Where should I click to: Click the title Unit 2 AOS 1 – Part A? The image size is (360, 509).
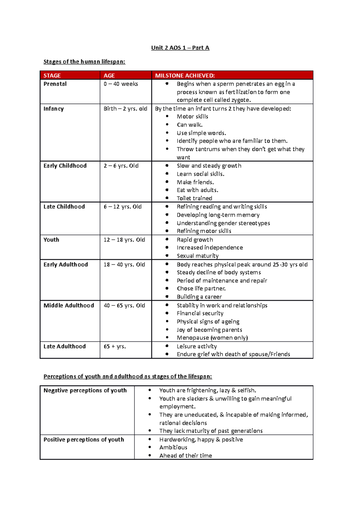click(x=180, y=48)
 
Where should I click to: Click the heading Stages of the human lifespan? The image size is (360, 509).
click(x=84, y=62)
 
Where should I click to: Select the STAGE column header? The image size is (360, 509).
click(x=52, y=76)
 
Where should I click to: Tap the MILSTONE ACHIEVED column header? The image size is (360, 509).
click(x=184, y=76)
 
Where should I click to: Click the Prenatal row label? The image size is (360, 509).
click(x=55, y=84)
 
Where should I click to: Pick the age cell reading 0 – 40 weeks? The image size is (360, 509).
click(x=121, y=84)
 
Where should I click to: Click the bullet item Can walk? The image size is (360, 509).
click(x=190, y=125)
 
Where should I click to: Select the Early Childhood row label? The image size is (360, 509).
click(x=65, y=166)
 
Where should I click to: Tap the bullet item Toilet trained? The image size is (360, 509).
click(x=194, y=198)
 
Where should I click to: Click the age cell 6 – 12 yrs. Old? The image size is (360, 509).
click(x=122, y=207)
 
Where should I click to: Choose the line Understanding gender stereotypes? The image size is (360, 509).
click(x=223, y=223)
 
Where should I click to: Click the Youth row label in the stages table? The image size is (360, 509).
click(x=51, y=240)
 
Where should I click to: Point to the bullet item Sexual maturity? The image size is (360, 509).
click(x=197, y=256)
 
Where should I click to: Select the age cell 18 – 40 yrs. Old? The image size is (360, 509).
click(x=124, y=265)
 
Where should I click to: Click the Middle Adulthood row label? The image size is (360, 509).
click(x=69, y=305)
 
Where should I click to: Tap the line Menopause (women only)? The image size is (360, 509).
click(x=212, y=338)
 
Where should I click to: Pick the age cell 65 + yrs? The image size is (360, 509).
click(x=115, y=347)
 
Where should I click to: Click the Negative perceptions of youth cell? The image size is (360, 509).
click(x=85, y=391)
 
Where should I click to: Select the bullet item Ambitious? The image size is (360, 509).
click(x=173, y=448)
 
